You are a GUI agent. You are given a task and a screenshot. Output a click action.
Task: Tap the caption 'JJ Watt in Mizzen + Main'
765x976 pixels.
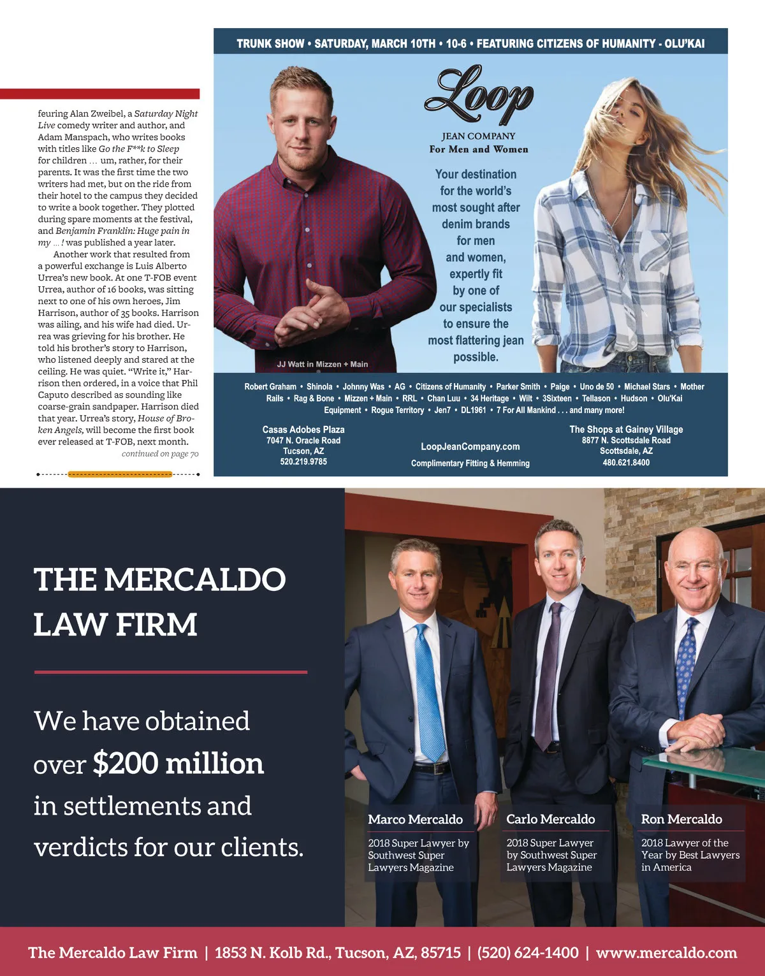(322, 365)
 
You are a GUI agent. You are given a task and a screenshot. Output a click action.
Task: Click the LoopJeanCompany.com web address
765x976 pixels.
(470, 447)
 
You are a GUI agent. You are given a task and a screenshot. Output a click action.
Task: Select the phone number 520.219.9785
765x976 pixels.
(303, 462)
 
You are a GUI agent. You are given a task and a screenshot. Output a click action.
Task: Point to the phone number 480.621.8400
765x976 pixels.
(626, 463)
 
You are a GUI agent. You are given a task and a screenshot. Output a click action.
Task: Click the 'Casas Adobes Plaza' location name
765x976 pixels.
(303, 430)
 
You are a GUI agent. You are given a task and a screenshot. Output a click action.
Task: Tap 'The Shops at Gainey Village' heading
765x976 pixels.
(626, 430)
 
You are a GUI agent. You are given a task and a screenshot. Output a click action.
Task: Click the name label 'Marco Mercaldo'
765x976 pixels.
(415, 819)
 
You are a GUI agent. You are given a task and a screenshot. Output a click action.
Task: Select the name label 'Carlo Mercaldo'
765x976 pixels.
(550, 819)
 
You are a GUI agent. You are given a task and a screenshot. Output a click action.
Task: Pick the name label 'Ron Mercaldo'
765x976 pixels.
(681, 819)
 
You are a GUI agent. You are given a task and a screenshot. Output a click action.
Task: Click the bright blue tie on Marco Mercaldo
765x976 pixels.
(428, 688)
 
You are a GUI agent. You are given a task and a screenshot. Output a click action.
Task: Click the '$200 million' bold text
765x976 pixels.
(178, 763)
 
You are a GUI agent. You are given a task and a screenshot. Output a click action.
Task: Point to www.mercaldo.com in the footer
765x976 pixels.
(666, 953)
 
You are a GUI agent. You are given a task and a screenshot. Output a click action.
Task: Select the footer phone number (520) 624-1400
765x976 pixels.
(528, 953)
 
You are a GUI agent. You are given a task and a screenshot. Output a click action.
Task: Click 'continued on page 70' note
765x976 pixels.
(160, 454)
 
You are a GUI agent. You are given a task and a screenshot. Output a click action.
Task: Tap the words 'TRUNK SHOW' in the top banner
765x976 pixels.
(270, 44)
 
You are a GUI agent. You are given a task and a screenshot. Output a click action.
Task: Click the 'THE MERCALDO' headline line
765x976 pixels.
(159, 579)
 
